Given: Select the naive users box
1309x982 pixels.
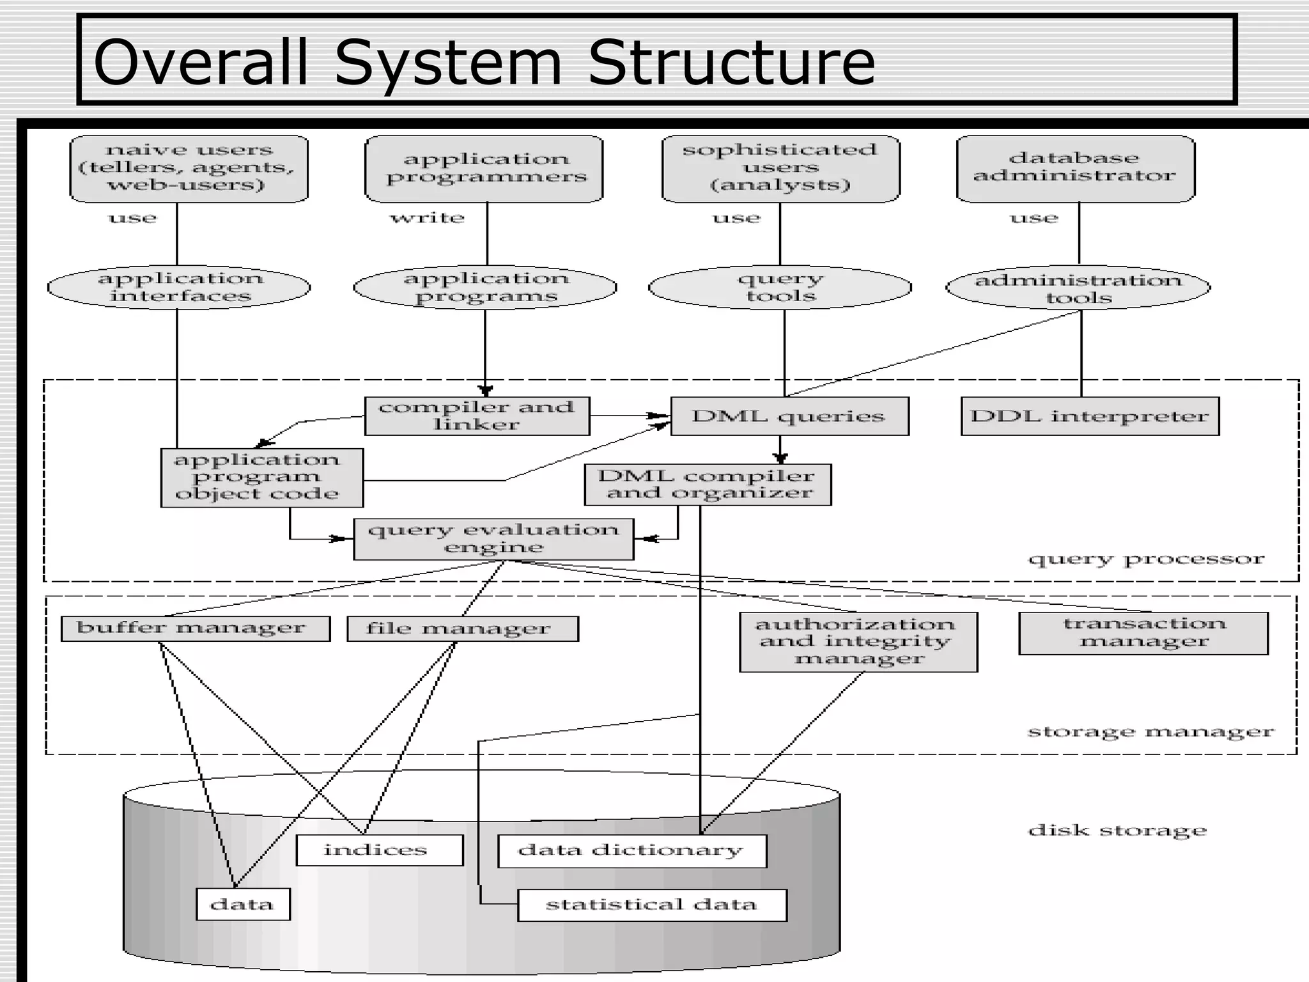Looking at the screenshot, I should tap(189, 168).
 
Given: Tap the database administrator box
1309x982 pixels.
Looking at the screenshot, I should tap(1075, 168).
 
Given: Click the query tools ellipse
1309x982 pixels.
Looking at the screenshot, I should tap(780, 287).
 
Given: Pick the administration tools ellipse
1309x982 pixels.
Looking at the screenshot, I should tap(1078, 288).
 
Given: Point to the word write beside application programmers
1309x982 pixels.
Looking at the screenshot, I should tap(427, 218).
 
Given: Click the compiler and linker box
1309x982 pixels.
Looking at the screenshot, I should tap(477, 416).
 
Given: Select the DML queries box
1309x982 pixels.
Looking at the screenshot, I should tap(789, 416).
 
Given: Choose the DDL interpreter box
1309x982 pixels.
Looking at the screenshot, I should tap(1089, 416).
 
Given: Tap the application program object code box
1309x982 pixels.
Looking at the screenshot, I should tap(261, 477).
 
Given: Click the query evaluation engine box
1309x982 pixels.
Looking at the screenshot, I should tap(493, 539).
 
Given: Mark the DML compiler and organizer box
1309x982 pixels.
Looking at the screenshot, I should tap(708, 485).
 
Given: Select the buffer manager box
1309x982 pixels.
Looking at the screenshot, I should tap(195, 628).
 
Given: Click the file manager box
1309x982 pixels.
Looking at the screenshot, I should tap(462, 628).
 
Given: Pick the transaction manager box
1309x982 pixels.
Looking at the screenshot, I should tap(1143, 633).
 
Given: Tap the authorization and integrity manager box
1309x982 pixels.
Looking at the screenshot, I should tap(858, 641).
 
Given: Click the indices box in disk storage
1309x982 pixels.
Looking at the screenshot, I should tap(380, 850).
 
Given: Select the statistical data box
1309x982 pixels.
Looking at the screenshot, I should tap(651, 905).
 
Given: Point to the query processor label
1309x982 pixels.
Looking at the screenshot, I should tap(1145, 559).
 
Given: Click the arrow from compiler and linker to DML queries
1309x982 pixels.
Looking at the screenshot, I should tap(630, 416).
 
